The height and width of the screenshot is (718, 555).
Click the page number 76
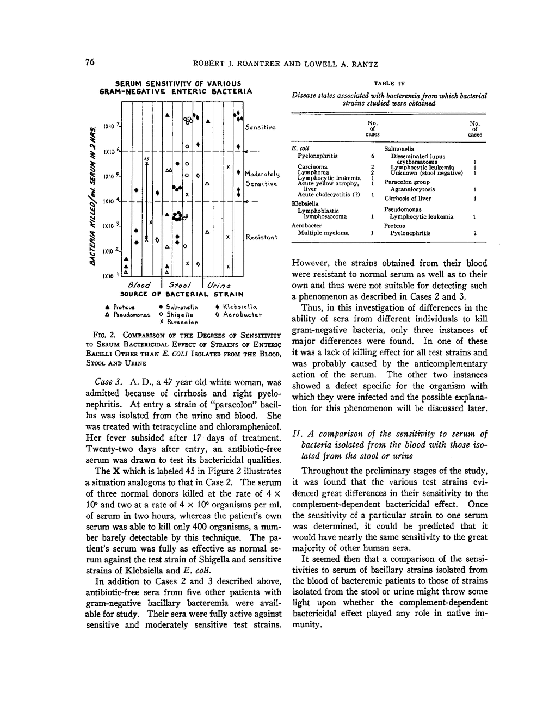click(90, 63)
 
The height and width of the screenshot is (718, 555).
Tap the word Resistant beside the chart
click(262, 237)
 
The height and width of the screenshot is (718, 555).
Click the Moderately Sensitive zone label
click(262, 178)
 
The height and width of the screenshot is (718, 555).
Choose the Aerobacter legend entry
click(239, 314)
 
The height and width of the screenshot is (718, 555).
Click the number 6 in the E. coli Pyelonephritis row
click(373, 156)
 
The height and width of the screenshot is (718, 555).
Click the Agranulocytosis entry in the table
click(412, 189)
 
